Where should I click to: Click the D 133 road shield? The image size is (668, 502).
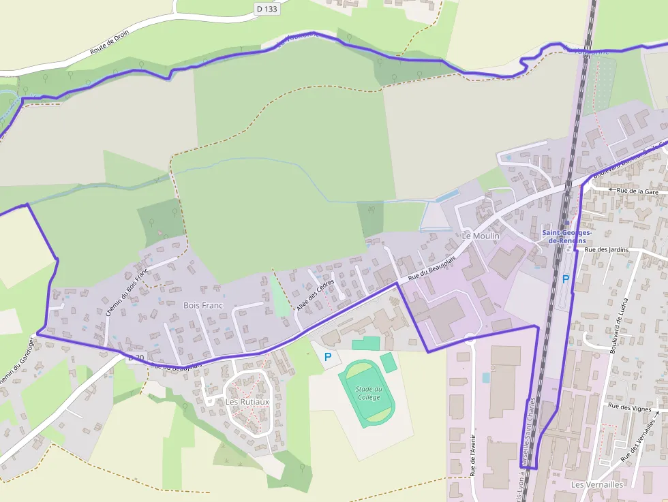coord(268,8)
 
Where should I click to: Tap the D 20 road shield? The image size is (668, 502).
coord(136,357)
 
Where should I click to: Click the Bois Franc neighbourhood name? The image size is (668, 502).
coord(204,306)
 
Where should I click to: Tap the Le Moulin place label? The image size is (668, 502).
coord(481,236)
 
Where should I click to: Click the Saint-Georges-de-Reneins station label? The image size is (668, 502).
coord(567,236)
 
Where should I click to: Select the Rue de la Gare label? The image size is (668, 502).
coord(637,191)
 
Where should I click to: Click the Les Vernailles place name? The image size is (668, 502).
coord(597,484)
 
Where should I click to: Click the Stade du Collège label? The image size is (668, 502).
coord(369,392)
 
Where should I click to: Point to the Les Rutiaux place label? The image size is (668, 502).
coord(247,402)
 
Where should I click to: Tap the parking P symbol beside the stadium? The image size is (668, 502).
coord(328,356)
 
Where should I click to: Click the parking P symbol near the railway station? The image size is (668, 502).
coord(565,278)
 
